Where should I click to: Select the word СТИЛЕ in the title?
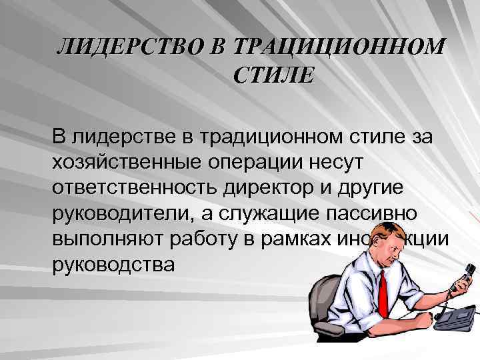tap(272, 75)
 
